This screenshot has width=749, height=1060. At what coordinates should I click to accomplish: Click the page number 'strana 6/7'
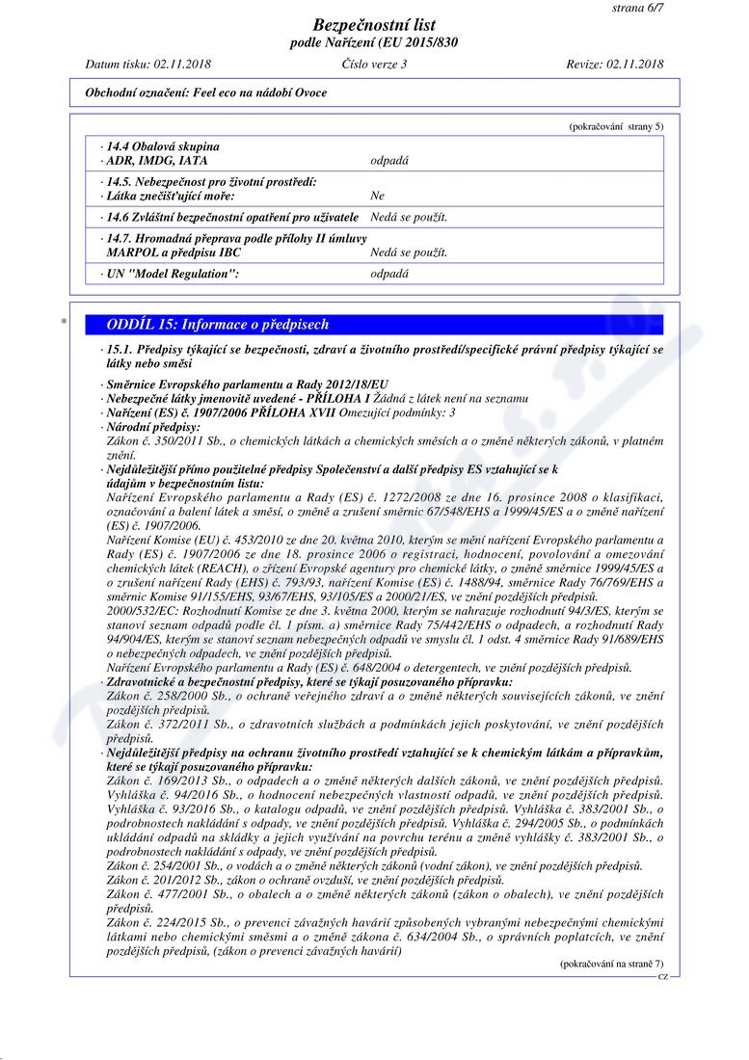637,8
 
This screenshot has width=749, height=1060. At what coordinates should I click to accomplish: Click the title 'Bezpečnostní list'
374,25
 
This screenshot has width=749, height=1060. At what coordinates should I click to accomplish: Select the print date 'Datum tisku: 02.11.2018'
147,65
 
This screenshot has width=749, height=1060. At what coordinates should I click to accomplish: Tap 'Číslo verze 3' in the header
374,65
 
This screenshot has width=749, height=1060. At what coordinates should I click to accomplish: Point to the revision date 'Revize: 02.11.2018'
615,65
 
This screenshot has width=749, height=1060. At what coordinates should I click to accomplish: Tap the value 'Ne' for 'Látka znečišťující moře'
377,196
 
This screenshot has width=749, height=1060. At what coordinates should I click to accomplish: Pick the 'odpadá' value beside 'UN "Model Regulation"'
389,273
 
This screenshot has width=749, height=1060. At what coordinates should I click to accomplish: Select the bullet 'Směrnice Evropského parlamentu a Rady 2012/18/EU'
248,384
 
